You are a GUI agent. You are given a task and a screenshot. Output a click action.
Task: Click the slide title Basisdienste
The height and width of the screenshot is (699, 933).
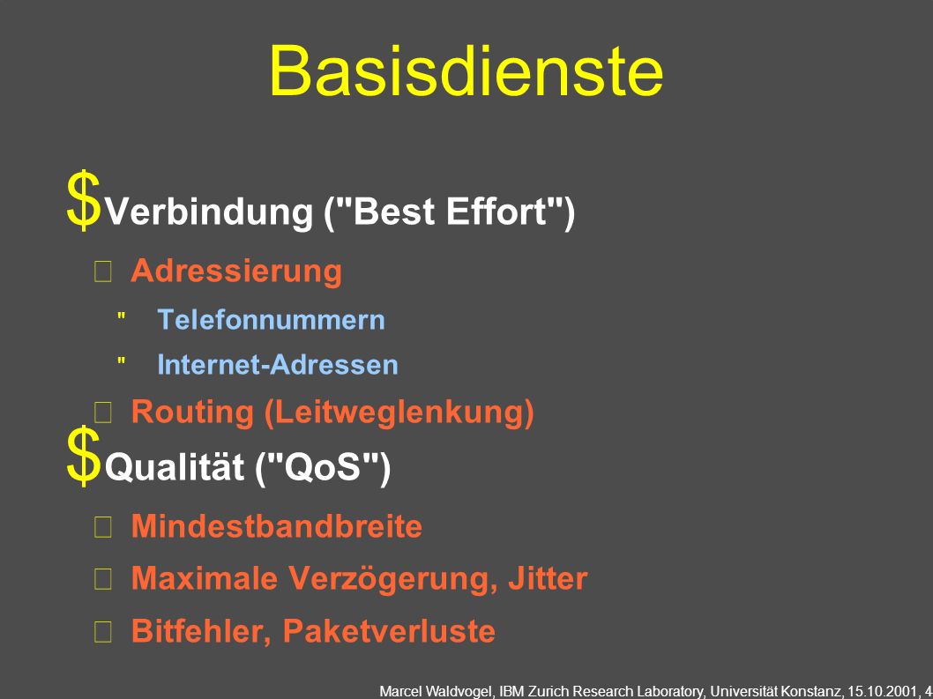(466, 71)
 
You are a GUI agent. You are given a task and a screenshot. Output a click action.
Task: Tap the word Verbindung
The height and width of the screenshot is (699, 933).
(209, 212)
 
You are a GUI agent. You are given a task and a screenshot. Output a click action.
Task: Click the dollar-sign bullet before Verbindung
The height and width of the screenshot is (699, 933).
(83, 200)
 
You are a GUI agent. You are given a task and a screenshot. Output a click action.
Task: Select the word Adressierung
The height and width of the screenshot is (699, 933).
(236, 271)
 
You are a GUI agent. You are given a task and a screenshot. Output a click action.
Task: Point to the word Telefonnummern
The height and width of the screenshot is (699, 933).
(272, 319)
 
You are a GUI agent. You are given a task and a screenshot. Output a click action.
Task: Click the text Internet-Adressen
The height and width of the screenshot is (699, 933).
(277, 364)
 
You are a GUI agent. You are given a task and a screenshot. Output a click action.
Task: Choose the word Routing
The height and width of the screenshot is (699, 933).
(192, 413)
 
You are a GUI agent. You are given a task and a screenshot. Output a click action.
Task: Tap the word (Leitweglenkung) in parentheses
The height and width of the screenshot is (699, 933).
(399, 412)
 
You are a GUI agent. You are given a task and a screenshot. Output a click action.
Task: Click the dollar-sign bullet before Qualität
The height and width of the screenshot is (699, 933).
(83, 456)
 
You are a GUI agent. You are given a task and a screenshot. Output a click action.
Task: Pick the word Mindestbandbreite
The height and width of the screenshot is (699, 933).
(277, 526)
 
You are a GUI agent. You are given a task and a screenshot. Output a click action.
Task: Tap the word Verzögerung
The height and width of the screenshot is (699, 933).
(393, 578)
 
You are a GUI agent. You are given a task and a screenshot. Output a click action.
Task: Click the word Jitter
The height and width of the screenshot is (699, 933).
(548, 578)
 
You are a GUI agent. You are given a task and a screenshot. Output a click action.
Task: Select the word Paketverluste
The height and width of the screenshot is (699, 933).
(389, 630)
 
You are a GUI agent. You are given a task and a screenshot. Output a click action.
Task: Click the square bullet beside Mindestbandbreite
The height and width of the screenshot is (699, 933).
(103, 527)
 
